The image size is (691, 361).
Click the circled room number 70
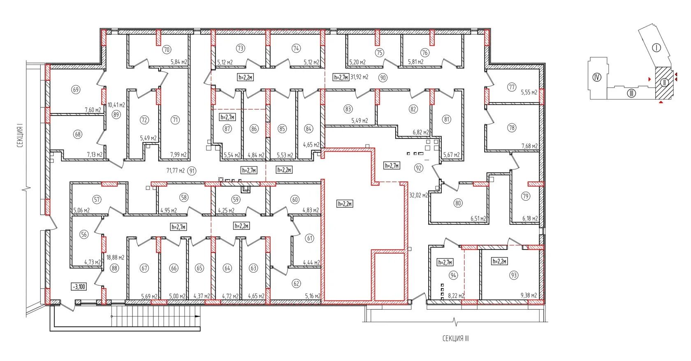(x=167, y=50)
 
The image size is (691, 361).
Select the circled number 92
(x=419, y=168)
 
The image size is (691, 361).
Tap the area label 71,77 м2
(x=176, y=171)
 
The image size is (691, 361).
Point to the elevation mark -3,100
(x=79, y=287)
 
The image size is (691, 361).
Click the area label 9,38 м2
(x=529, y=295)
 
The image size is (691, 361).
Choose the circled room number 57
(x=97, y=199)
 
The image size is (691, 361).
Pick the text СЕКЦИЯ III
(x=456, y=338)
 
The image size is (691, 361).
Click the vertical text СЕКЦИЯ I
(x=20, y=136)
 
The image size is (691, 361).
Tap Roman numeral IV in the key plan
(x=597, y=77)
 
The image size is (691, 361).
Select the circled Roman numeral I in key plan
(x=656, y=48)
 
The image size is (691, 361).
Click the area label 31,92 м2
(x=359, y=77)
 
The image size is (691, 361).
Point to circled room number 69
(x=76, y=90)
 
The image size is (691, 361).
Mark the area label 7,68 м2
(x=530, y=146)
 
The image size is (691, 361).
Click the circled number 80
(x=458, y=203)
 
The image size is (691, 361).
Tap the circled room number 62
(x=297, y=283)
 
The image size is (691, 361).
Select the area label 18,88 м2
(x=115, y=257)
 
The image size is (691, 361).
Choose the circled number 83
(x=348, y=109)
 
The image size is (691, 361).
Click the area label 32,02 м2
(x=419, y=195)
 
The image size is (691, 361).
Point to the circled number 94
(x=453, y=275)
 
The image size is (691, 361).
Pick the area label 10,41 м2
(x=116, y=105)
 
